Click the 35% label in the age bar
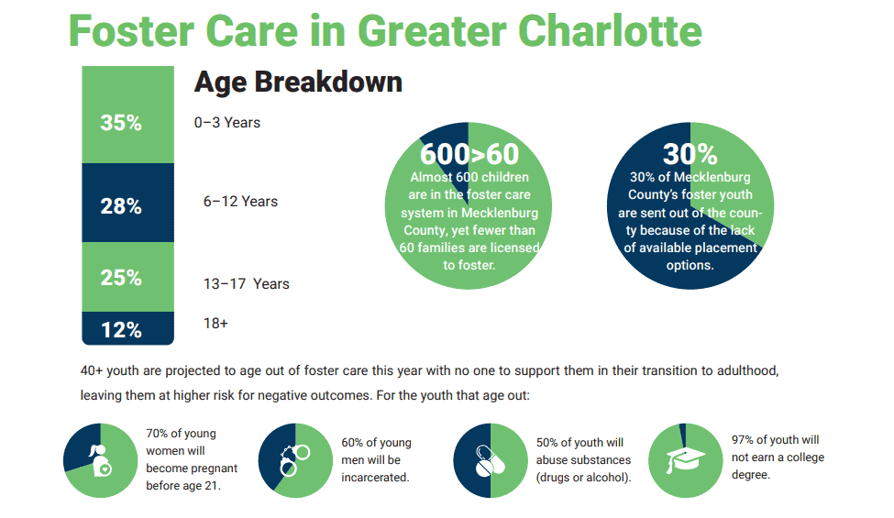tap(121, 123)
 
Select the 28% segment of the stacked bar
tap(127, 203)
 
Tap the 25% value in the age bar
tap(121, 278)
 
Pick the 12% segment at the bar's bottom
tap(127, 328)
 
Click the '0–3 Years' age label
tap(226, 123)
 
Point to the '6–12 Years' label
tap(240, 202)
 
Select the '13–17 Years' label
tap(247, 284)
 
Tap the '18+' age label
tap(215, 323)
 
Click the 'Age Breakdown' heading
tap(298, 83)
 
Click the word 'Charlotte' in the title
tap(610, 31)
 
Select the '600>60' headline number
tap(469, 154)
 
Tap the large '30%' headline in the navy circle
tap(690, 154)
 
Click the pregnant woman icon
tap(101, 460)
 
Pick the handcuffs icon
tap(294, 460)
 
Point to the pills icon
tap(490, 460)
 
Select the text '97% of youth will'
tap(776, 440)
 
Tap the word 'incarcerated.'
tap(375, 478)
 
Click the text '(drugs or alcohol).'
tap(583, 478)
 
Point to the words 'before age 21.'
tap(183, 486)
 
